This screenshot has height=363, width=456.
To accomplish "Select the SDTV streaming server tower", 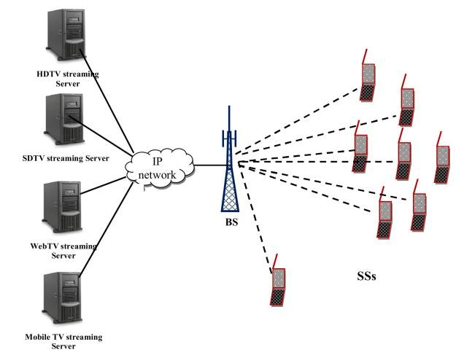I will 60,119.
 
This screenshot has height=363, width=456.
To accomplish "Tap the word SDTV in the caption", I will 36,158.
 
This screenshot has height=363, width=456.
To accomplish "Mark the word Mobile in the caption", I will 40,337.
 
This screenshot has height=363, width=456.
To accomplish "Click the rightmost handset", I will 442,158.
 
